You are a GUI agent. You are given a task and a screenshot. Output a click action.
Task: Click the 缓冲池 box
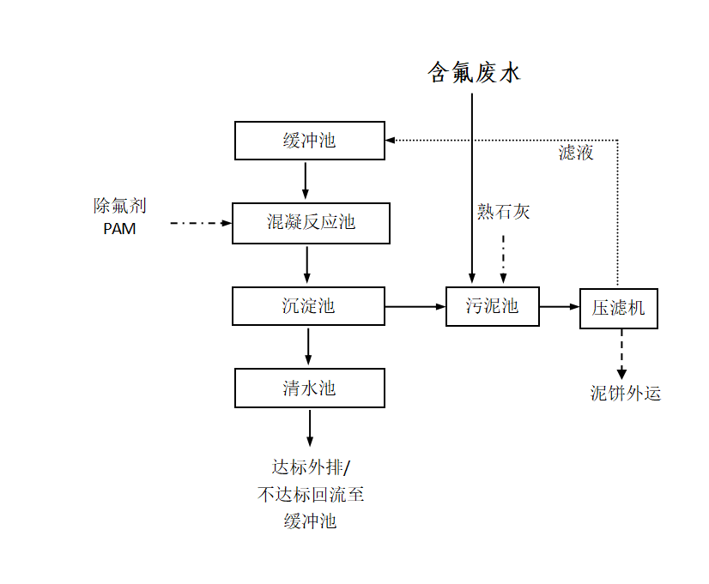click(310, 141)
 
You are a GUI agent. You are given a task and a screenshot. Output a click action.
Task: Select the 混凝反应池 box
click(311, 223)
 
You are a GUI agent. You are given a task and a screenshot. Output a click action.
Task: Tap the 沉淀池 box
click(309, 306)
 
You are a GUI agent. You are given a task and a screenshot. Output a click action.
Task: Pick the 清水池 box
click(310, 388)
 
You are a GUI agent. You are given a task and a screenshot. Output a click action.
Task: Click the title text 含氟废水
click(475, 73)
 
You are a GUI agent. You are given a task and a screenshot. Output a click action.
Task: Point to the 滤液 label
click(576, 154)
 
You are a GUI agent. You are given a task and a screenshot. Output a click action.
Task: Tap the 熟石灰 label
click(504, 212)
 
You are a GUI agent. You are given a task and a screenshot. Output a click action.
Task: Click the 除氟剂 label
click(120, 206)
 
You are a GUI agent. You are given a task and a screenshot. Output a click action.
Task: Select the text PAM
click(119, 229)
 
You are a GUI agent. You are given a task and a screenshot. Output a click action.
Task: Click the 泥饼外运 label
click(626, 394)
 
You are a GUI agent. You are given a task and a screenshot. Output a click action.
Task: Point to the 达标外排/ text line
click(312, 467)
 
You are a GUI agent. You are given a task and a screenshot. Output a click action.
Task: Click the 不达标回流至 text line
click(311, 494)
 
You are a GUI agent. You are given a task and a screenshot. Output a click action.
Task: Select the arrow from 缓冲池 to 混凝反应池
click(306, 181)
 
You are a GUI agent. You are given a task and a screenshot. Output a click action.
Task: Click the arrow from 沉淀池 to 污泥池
click(415, 306)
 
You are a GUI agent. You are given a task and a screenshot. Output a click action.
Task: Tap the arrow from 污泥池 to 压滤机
click(560, 306)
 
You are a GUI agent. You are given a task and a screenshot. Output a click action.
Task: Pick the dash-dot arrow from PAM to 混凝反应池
click(201, 223)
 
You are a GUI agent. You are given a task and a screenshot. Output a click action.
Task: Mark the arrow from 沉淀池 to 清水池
click(308, 346)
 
